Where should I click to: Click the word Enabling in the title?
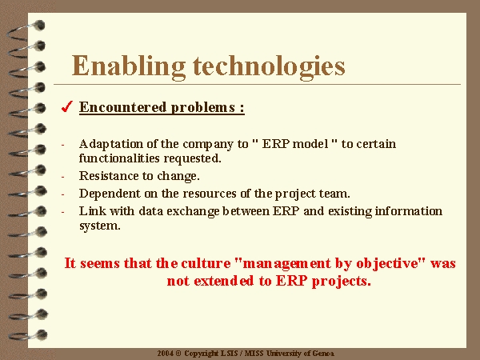(129, 66)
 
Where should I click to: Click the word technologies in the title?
(269, 66)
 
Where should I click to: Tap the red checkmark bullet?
(67, 106)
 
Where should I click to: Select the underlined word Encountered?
(122, 107)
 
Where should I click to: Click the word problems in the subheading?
(203, 108)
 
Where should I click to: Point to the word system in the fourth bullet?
(99, 226)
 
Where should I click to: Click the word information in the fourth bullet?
(408, 211)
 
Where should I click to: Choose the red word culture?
(206, 263)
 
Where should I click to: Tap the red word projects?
(342, 282)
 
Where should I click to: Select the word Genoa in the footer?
(323, 354)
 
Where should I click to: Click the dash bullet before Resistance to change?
(62, 177)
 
